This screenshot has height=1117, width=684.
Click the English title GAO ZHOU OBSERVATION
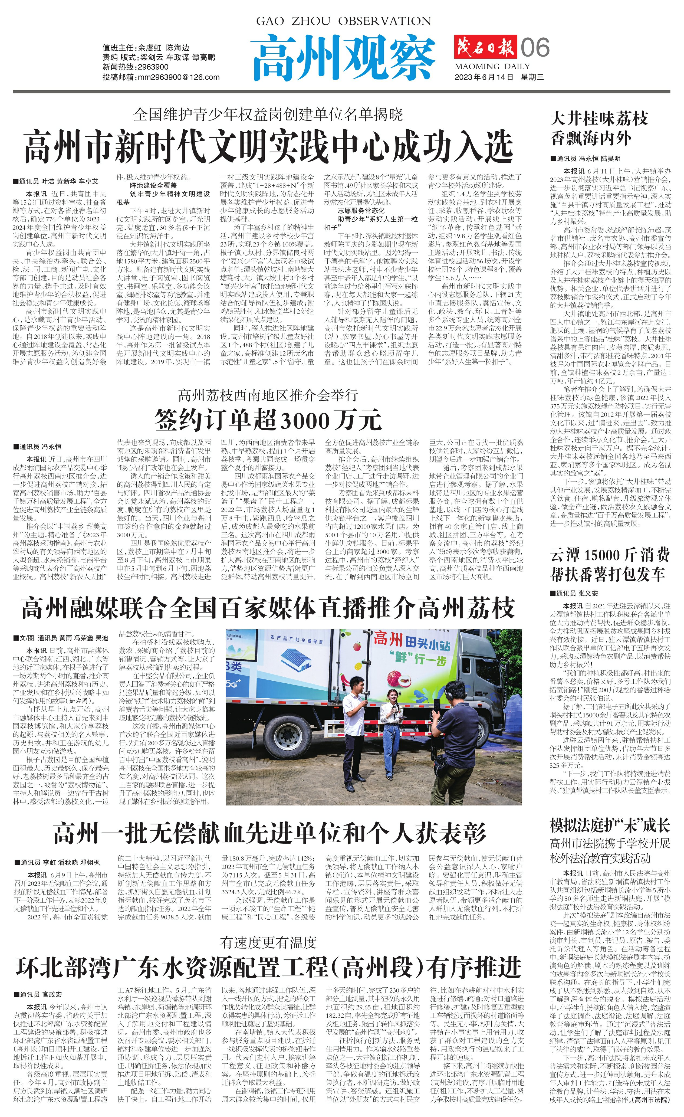click(x=343, y=21)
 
